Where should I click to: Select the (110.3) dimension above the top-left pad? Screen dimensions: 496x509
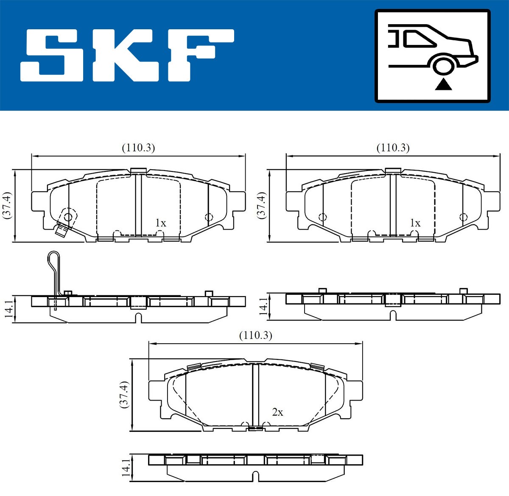138,148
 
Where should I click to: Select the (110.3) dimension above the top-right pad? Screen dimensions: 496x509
393,148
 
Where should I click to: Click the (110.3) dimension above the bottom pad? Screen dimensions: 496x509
255,335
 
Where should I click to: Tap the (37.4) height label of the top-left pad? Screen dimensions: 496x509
7,205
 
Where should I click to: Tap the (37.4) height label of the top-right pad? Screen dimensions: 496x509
261,205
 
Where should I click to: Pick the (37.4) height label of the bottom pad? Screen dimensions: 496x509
123,394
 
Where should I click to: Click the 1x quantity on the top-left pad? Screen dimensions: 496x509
160,223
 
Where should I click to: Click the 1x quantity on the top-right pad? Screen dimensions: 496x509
415,223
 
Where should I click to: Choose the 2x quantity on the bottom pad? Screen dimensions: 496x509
277,412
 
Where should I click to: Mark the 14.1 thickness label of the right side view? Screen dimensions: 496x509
263,306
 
